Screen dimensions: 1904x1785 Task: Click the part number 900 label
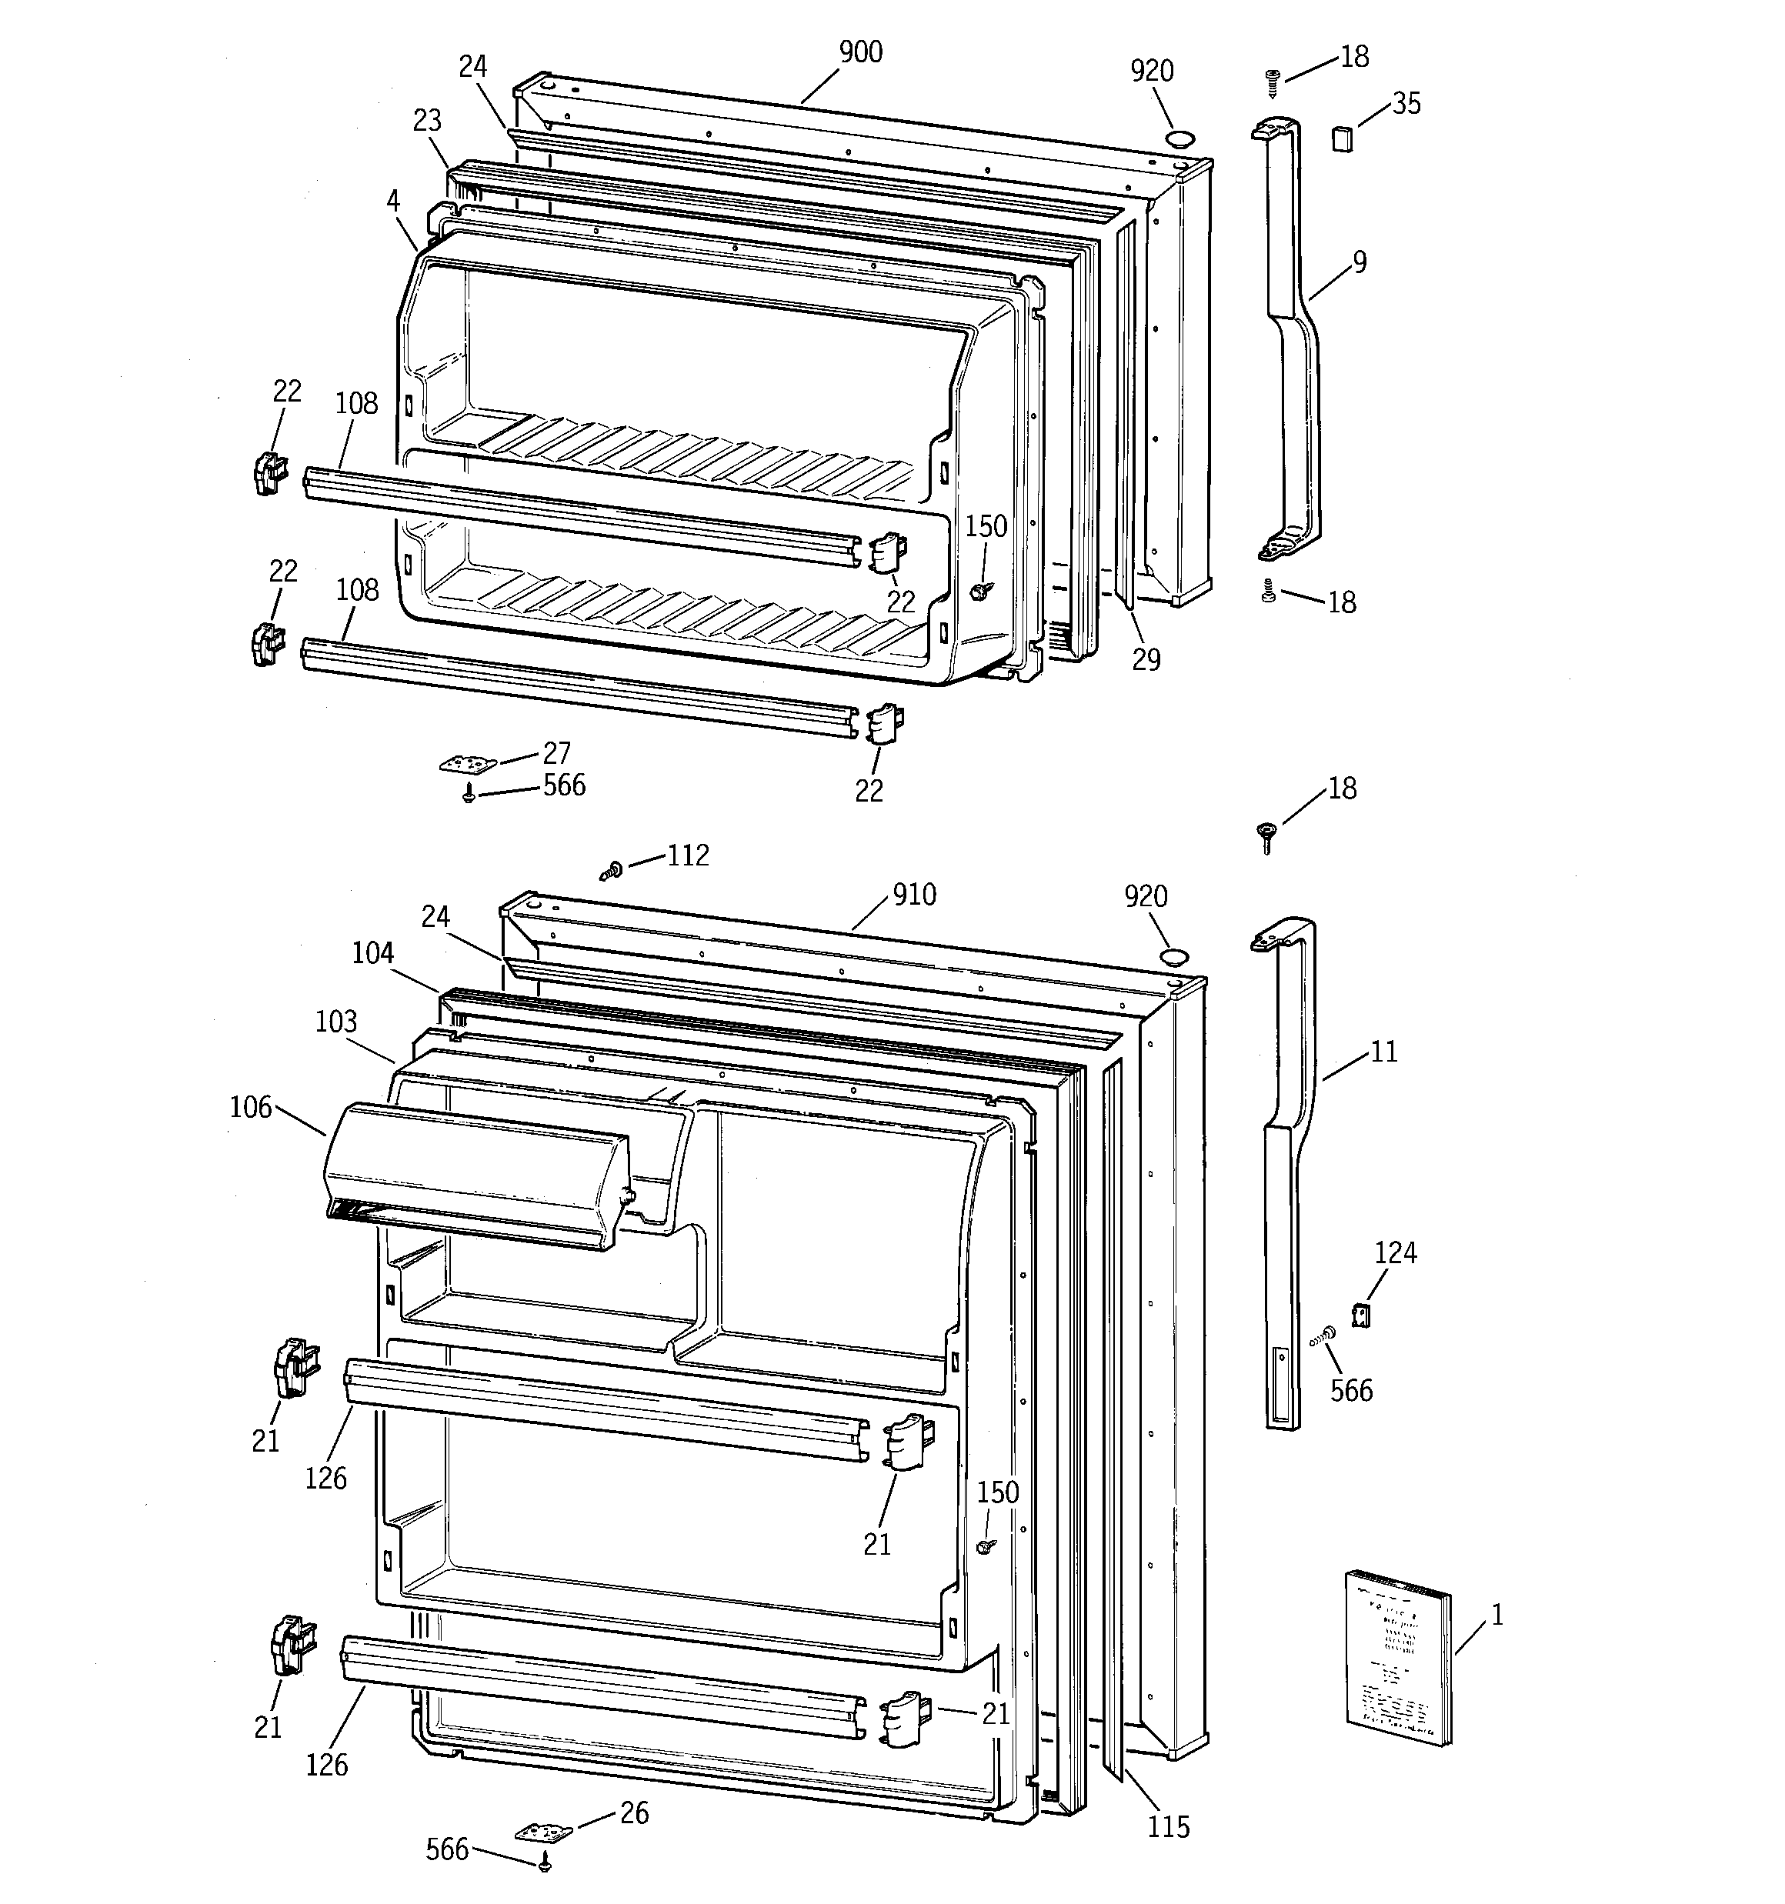(x=860, y=52)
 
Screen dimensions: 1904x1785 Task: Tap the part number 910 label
(x=914, y=895)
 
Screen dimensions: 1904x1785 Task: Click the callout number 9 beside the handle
(x=1360, y=262)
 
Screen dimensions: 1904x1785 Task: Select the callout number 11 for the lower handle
(x=1383, y=1052)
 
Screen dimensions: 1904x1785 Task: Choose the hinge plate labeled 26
(x=544, y=1832)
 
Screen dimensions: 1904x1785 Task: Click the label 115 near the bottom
(x=1168, y=1827)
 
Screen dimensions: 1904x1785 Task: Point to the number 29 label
(x=1146, y=659)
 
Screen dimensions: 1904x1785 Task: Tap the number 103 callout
(x=335, y=1021)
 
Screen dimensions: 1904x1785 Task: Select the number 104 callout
(x=372, y=952)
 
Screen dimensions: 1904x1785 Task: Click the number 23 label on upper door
(x=427, y=121)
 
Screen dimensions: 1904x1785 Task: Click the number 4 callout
(x=393, y=200)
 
